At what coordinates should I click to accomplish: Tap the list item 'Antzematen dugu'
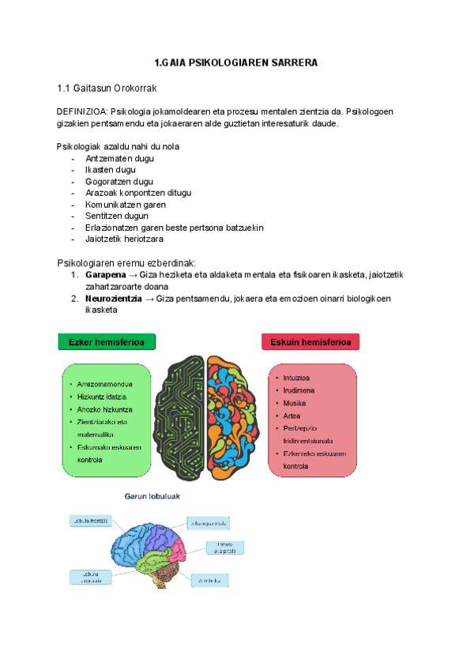(119, 158)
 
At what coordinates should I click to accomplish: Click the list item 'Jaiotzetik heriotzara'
(124, 239)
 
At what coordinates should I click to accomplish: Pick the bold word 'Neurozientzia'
(114, 299)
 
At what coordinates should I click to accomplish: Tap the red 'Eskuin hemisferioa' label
(310, 342)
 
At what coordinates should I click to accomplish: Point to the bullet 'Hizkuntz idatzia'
(102, 396)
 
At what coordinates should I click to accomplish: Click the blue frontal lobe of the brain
(126, 545)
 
